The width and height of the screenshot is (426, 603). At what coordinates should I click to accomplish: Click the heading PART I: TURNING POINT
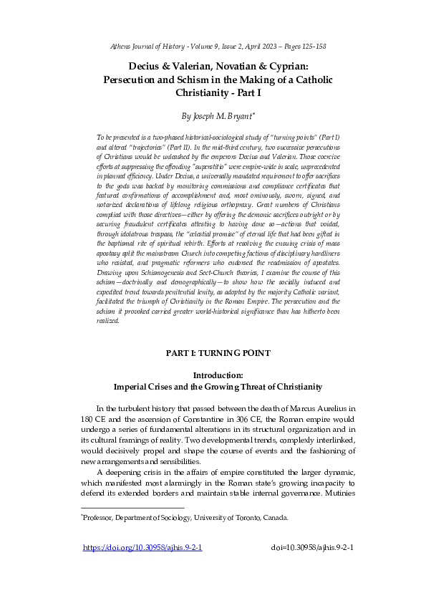click(x=213, y=353)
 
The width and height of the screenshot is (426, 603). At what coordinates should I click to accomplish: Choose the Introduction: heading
click(x=213, y=375)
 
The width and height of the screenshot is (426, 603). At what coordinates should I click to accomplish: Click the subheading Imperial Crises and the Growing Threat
click(x=213, y=387)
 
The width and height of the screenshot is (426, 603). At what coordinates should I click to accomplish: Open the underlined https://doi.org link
click(x=142, y=548)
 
